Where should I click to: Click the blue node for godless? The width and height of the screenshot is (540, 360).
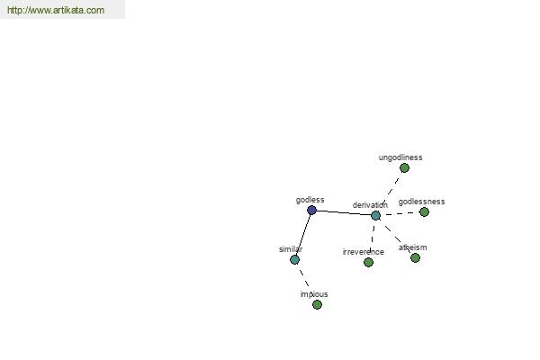(x=311, y=210)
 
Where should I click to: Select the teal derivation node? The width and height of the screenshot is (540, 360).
(x=375, y=216)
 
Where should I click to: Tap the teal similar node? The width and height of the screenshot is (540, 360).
(x=294, y=259)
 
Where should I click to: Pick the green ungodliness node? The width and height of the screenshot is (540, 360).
(x=404, y=167)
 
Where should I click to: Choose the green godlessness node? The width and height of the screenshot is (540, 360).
(x=424, y=211)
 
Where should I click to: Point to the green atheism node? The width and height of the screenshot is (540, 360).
(x=415, y=257)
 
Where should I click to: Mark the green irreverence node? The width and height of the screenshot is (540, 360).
(x=368, y=262)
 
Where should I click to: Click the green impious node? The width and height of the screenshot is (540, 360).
(x=317, y=304)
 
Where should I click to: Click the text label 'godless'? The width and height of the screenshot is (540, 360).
(x=310, y=200)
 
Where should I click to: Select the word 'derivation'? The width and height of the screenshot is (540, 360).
(x=370, y=205)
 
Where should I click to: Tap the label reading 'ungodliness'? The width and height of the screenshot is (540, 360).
(x=400, y=157)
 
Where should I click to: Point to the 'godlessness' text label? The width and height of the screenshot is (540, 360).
(x=421, y=202)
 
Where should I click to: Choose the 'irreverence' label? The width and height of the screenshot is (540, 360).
(x=364, y=252)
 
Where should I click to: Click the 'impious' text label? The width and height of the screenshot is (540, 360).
(x=314, y=294)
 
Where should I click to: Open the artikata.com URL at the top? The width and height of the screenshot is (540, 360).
(x=56, y=10)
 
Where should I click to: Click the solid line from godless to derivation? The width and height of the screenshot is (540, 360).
(x=344, y=213)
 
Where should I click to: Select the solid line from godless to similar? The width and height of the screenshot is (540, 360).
(x=303, y=235)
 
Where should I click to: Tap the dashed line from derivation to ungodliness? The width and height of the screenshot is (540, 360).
(x=390, y=192)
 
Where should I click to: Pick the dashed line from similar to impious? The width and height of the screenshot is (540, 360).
(x=304, y=279)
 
